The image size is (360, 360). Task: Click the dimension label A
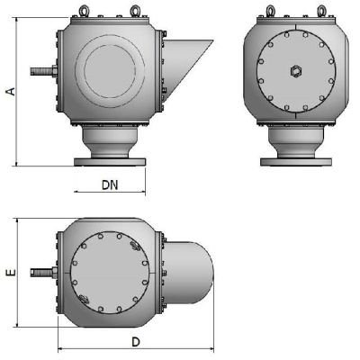11,91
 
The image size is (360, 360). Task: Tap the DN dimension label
109,185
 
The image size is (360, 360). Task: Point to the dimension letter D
135,343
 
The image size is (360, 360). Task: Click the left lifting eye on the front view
272,12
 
